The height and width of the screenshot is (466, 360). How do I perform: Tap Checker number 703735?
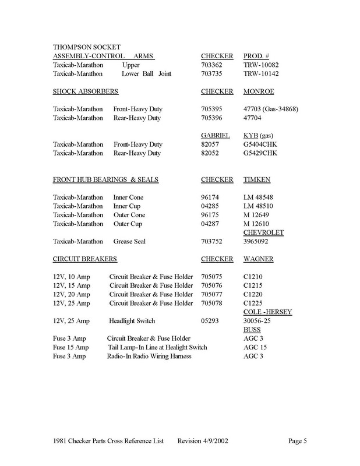coord(212,74)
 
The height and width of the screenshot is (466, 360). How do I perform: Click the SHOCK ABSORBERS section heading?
coord(86,91)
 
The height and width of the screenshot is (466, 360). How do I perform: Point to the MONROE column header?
coord(259,91)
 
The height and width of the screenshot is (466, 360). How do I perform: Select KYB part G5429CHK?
coord(262,153)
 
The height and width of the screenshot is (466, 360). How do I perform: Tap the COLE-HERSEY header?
coord(267,312)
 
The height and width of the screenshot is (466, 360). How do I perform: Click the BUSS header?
coord(252,330)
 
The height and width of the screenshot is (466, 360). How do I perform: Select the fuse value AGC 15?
coord(255,347)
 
